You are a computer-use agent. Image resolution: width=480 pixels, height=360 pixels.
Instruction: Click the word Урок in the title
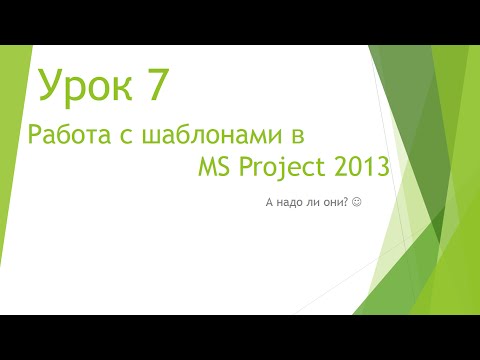84,87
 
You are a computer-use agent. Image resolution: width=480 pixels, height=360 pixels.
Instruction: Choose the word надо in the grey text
288,203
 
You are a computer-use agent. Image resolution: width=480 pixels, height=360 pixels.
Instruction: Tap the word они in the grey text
332,203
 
